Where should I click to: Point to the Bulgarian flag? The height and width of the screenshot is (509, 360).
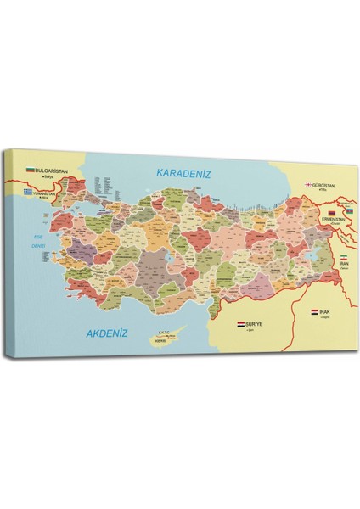point(31,171)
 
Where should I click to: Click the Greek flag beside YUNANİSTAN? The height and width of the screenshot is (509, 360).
point(31,193)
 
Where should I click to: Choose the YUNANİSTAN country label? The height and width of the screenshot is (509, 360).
point(50,193)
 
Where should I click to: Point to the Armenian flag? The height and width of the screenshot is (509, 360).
point(331,211)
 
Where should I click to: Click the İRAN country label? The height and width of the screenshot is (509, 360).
point(344,264)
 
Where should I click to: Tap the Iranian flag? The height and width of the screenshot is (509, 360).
point(344,257)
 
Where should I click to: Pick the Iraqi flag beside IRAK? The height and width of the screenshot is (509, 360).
point(314,313)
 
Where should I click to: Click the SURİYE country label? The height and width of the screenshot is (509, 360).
point(256,324)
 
